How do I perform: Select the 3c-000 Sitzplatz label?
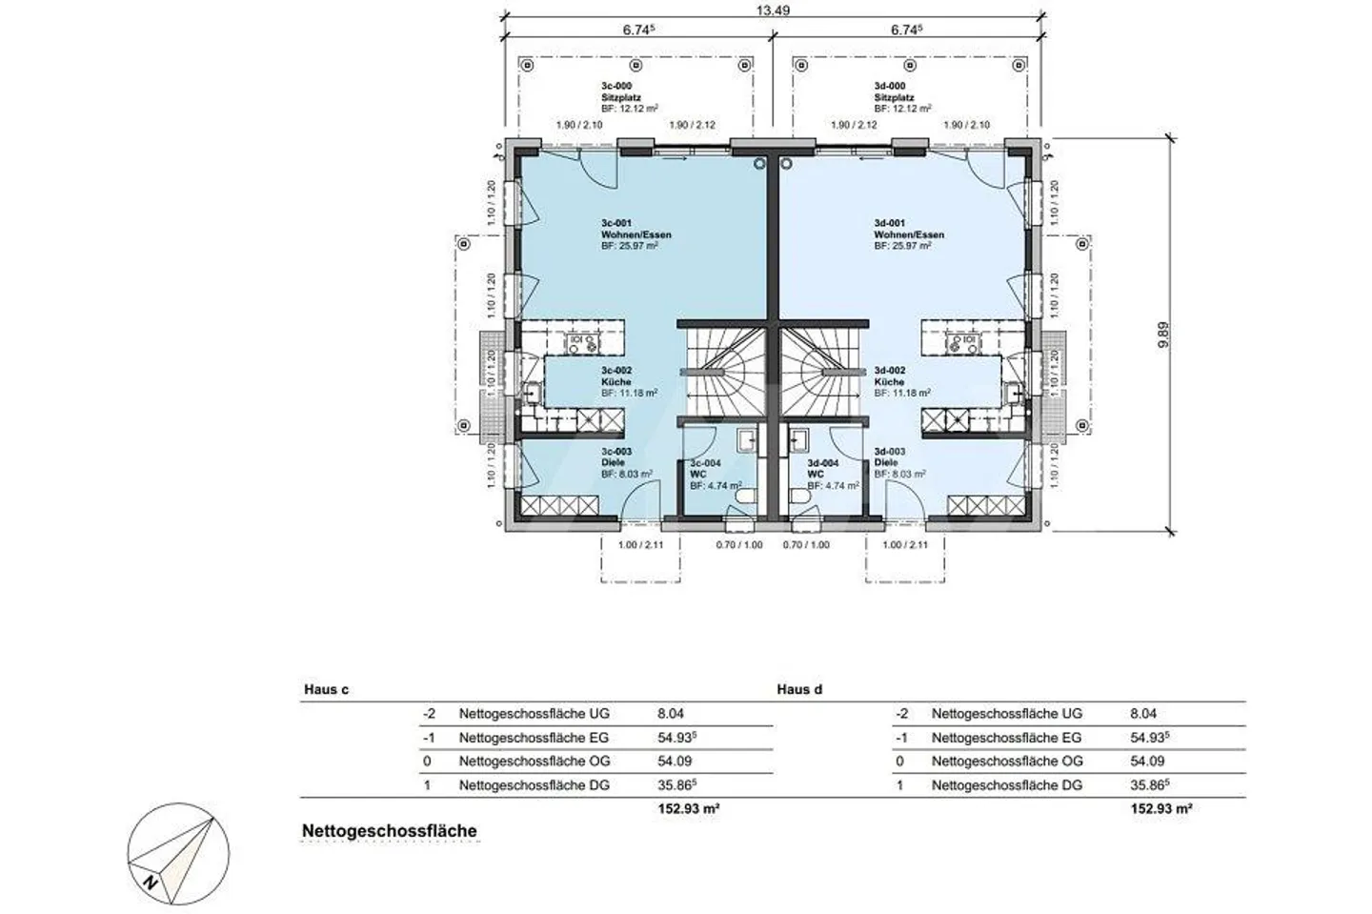621,97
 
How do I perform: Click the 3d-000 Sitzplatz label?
895,97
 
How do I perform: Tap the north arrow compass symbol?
177,850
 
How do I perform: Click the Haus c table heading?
326,689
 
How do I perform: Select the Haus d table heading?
798,689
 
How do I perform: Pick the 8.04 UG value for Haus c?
671,713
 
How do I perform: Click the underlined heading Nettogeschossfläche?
389,831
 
